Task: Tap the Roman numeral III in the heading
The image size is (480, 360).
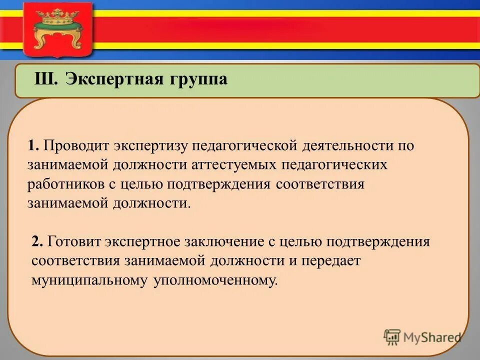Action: click(46, 79)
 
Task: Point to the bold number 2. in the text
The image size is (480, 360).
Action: click(37, 242)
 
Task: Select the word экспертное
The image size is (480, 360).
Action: click(142, 242)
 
